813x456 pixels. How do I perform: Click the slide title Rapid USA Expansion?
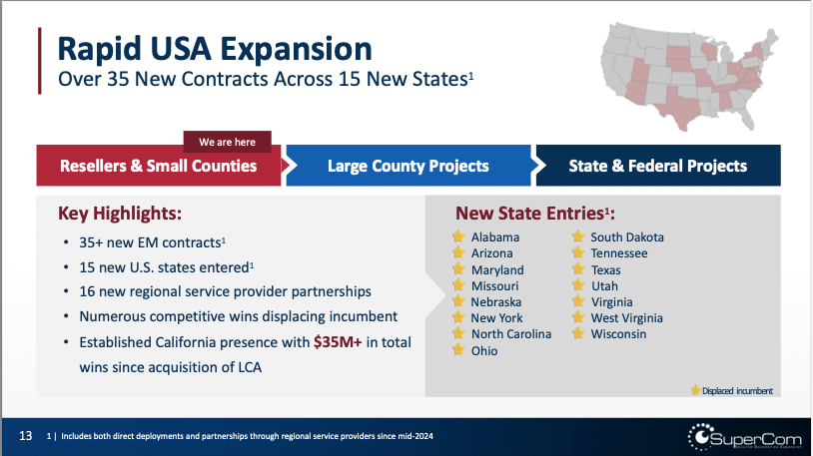[x=215, y=47]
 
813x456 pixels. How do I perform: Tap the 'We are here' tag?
[x=227, y=142]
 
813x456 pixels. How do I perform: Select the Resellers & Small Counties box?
[x=158, y=166]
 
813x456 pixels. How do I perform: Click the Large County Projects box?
[x=407, y=166]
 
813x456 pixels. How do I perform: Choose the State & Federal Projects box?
[x=657, y=166]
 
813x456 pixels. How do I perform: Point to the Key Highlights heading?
[x=120, y=213]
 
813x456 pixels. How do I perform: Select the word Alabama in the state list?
[x=494, y=237]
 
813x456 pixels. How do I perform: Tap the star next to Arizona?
[x=457, y=253]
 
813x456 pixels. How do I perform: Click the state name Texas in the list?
[x=605, y=269]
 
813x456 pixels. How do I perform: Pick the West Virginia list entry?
[x=627, y=318]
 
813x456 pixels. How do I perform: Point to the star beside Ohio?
[x=457, y=350]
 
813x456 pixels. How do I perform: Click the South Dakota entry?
[x=626, y=237]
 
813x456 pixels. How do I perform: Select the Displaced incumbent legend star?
[x=695, y=390]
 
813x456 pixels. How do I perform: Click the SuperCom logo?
[x=740, y=436]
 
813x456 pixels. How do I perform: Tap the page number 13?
[x=26, y=436]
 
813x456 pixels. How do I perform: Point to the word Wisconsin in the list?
[x=618, y=334]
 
